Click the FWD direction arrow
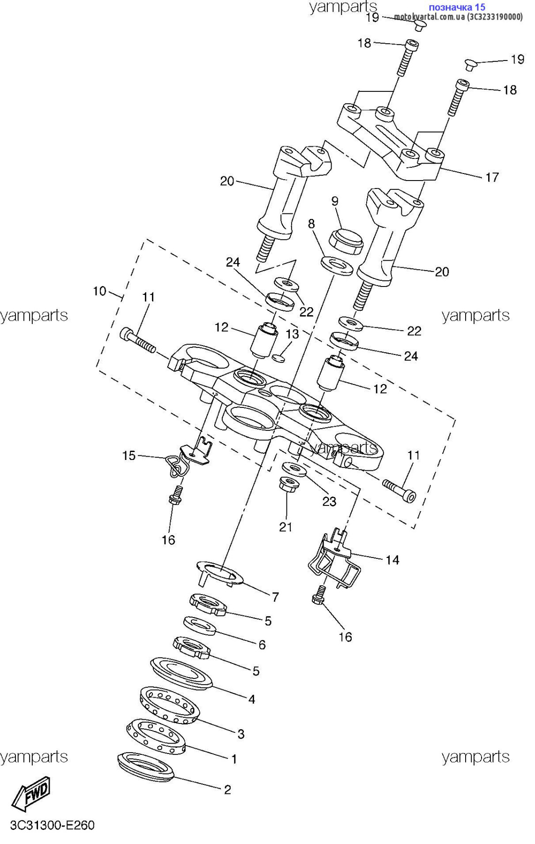coord(30,793)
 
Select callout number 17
coord(492,177)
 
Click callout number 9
coord(335,201)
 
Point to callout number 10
coord(100,291)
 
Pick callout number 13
coord(292,334)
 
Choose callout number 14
coord(392,560)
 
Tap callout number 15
coord(129,455)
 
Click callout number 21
coord(286,527)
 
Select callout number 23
coord(329,502)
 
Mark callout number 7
coord(275,597)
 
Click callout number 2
coord(227,790)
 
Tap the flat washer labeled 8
coord(337,265)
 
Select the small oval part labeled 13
coord(279,358)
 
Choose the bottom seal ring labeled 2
coord(146,768)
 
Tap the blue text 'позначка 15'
coord(457,7)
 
